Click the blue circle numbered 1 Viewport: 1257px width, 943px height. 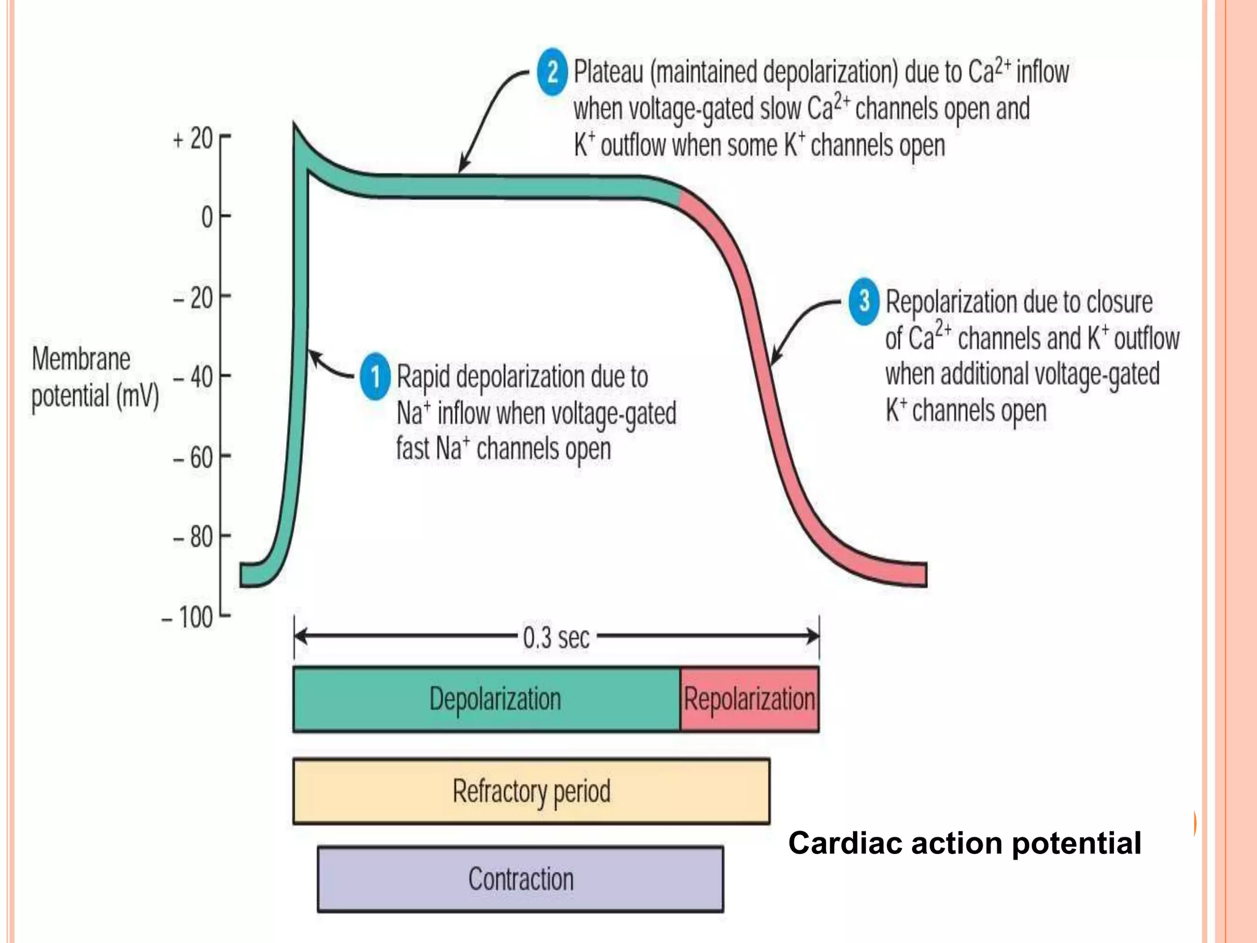(374, 376)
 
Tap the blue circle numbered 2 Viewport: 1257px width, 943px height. (552, 72)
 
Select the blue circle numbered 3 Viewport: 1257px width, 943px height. (864, 301)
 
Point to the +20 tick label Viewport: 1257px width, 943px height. (193, 139)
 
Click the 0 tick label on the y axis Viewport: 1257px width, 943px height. (207, 217)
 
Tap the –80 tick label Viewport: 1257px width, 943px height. (193, 537)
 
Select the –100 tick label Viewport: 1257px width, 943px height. (187, 617)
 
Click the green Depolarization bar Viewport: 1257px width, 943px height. (486, 699)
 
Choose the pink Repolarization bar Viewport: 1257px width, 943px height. (749, 699)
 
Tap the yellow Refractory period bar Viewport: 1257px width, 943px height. (531, 791)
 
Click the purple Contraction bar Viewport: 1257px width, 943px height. (520, 879)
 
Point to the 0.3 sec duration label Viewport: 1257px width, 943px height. (556, 638)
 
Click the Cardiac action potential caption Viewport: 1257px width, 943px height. (964, 843)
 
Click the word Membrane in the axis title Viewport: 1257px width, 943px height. (81, 359)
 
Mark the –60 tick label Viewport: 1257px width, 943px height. (193, 458)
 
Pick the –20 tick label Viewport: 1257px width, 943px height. (193, 298)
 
